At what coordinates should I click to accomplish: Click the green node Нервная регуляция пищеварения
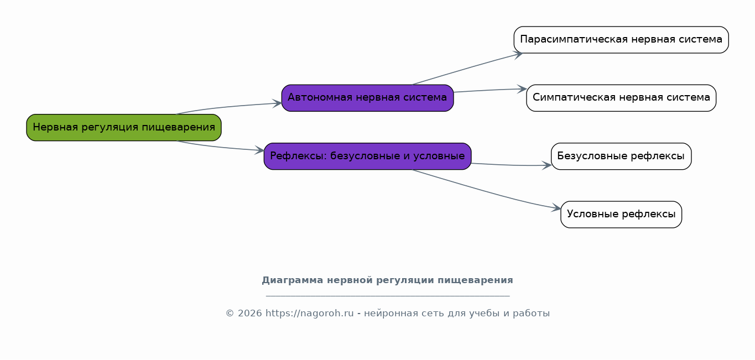[124, 127]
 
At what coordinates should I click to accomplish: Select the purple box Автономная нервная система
[367, 98]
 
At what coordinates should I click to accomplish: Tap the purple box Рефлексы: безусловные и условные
[367, 156]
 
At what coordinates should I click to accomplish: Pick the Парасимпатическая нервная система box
[621, 40]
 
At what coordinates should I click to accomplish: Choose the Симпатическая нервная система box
[621, 98]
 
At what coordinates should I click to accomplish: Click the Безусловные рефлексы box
[621, 156]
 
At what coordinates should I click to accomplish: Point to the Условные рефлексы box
[621, 215]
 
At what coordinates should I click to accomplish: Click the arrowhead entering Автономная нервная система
[277, 103]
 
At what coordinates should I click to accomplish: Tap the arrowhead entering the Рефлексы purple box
[259, 150]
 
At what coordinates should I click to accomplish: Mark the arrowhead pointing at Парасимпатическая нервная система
[518, 55]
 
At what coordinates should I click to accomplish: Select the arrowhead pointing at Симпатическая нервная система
[522, 89]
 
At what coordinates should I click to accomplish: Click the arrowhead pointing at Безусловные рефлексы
[546, 165]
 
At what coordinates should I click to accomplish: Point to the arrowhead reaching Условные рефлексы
[556, 208]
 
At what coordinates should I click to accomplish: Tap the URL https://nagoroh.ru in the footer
[309, 313]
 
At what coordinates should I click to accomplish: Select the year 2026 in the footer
[250, 313]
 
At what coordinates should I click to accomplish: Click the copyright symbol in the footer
[230, 314]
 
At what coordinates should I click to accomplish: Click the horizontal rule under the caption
[388, 296]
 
